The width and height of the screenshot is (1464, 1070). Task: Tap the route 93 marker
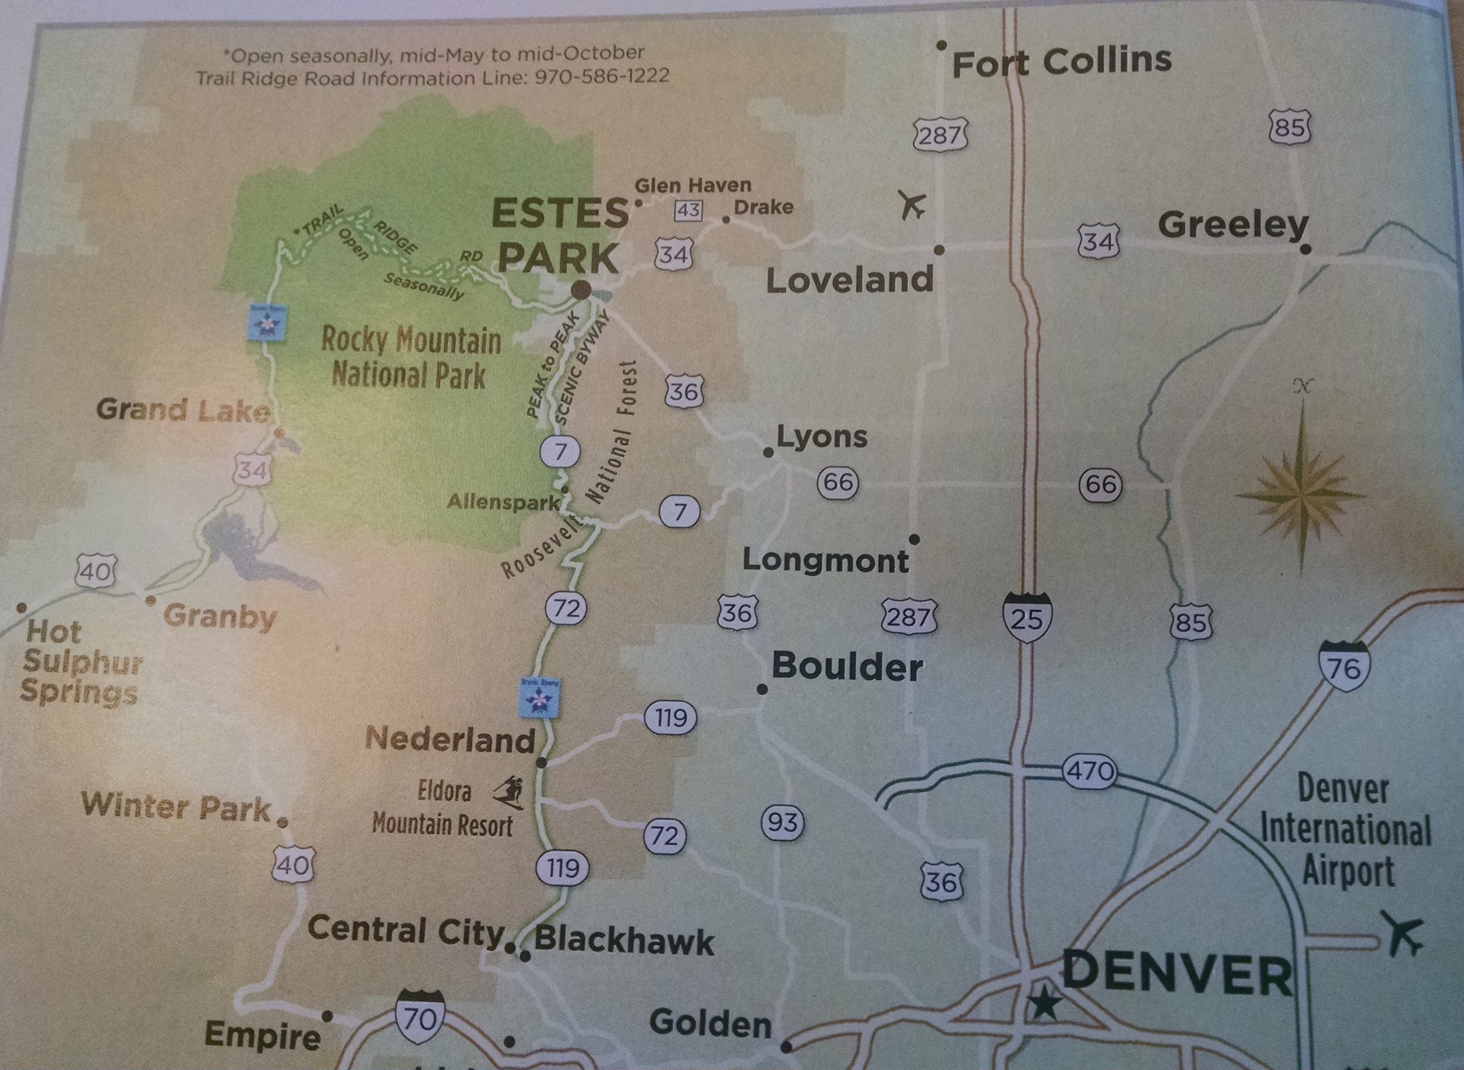(783, 823)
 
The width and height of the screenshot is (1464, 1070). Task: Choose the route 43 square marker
(688, 210)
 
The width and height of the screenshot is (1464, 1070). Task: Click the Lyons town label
(821, 437)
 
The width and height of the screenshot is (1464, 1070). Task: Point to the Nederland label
(450, 740)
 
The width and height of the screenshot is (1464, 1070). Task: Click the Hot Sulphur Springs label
(80, 662)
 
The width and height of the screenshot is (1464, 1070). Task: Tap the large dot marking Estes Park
(581, 290)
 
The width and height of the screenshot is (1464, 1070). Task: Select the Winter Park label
(176, 807)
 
